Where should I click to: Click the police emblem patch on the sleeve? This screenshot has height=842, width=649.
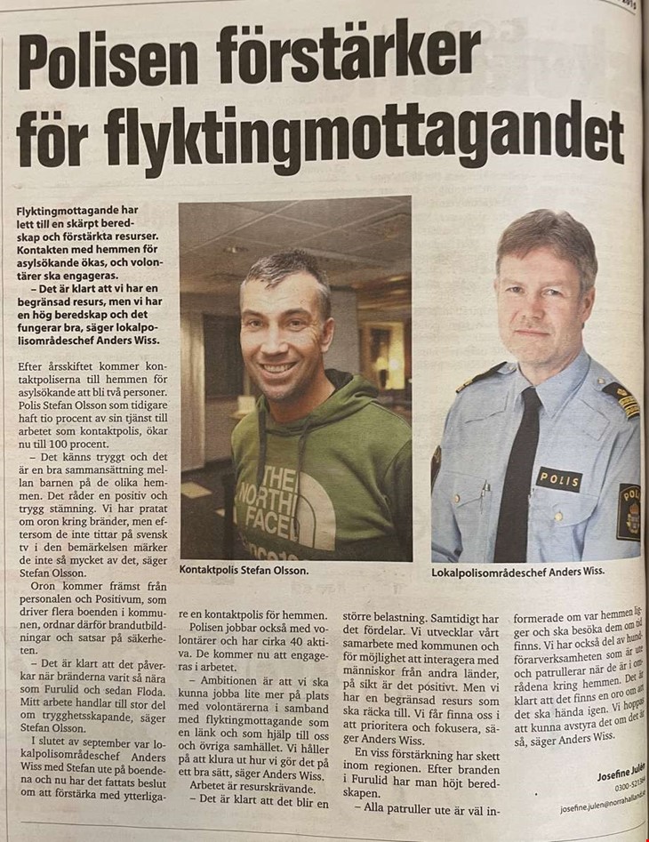[x=628, y=512]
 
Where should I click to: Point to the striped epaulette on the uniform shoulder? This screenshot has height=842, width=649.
[x=620, y=399]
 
